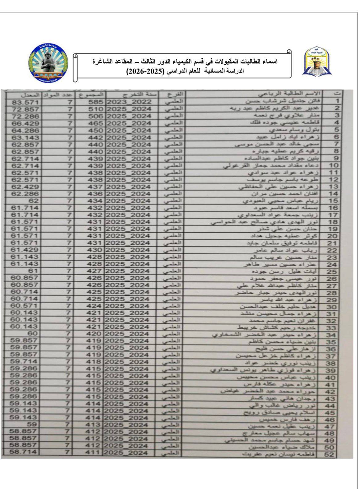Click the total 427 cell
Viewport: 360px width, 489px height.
coord(95,271)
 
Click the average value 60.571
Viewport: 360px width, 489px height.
coord(25,306)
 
